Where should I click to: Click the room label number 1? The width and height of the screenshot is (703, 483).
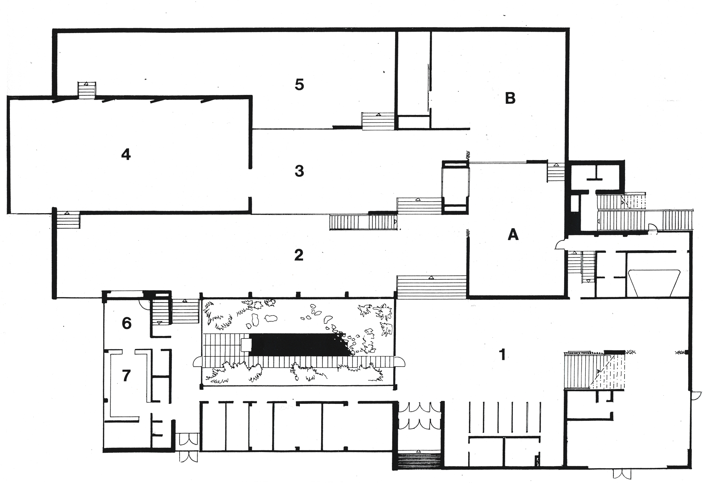[x=503, y=355]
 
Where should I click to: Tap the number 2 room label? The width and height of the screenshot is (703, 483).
[x=299, y=255]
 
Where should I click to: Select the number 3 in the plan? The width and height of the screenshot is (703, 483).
[x=299, y=171]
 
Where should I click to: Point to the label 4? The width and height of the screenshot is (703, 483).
[x=126, y=154]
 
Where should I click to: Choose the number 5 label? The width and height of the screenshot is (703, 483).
[x=299, y=84]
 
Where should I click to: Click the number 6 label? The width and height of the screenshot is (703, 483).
[x=127, y=323]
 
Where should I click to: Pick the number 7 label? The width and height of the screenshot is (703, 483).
[x=126, y=376]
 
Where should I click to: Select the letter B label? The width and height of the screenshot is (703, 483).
[x=510, y=98]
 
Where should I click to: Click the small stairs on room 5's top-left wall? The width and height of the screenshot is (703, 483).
[x=86, y=90]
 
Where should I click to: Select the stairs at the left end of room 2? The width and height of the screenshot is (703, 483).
[x=67, y=220]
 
